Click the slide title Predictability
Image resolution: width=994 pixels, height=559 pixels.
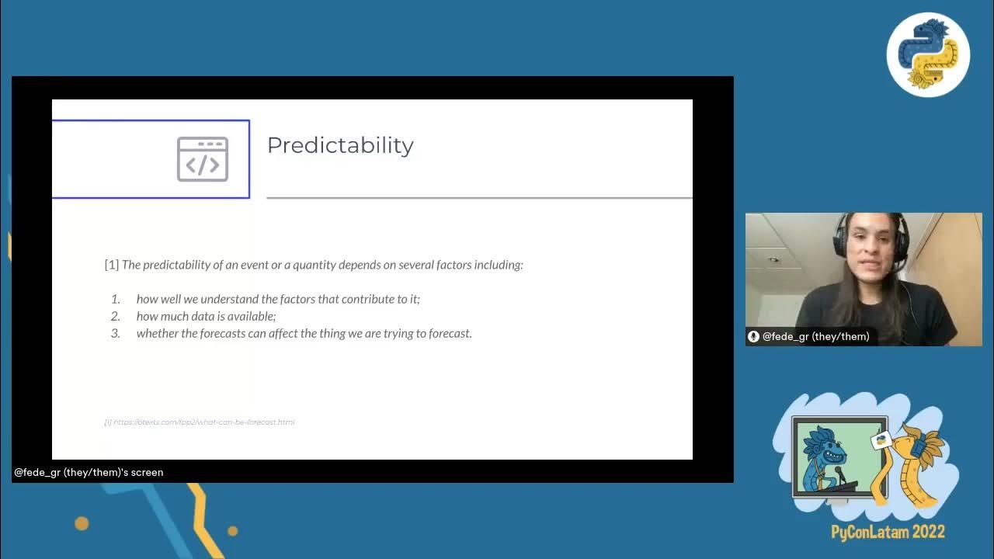[340, 146]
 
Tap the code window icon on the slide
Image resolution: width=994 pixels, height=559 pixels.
[203, 159]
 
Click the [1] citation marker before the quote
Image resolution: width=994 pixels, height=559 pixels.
[112, 265]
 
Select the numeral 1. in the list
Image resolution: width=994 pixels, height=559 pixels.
[116, 299]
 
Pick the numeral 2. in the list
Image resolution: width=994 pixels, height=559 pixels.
[116, 316]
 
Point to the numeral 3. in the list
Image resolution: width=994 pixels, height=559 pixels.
[116, 333]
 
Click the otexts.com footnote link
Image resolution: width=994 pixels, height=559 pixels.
[200, 422]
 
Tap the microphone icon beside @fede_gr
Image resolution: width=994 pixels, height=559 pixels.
[753, 336]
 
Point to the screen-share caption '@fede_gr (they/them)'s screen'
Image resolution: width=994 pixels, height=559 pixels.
[89, 472]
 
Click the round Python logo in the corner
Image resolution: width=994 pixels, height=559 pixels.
[928, 54]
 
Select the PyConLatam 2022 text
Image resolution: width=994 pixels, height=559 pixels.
[888, 533]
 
